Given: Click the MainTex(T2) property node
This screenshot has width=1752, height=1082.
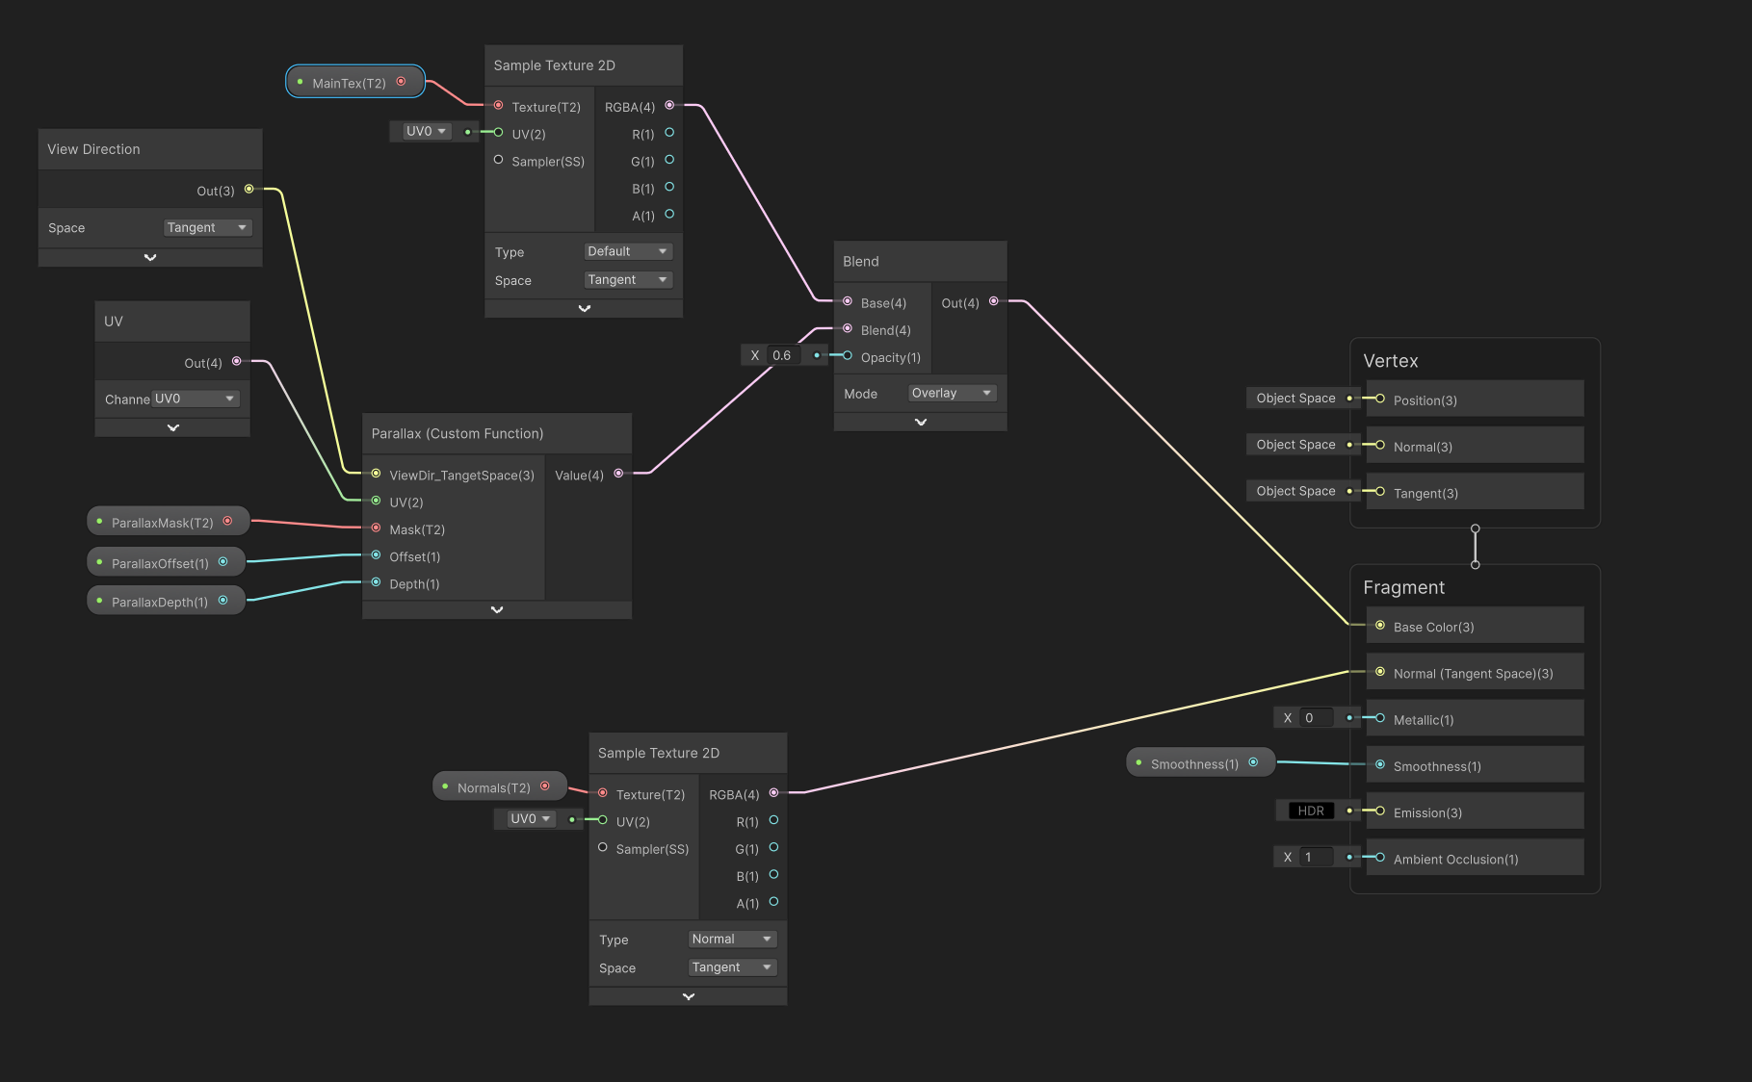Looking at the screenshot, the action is point(355,82).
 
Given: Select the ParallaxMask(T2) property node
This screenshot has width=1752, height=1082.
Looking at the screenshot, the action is point(169,522).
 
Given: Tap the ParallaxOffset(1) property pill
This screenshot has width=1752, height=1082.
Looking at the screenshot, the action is point(166,562).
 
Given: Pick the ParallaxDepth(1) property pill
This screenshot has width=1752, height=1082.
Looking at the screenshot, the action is point(166,602).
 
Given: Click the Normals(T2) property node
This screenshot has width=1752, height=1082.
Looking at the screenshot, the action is point(499,786).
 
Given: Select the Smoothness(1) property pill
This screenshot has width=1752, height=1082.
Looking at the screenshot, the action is point(1200,763).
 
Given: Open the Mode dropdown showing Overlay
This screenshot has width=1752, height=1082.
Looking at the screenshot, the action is point(952,393).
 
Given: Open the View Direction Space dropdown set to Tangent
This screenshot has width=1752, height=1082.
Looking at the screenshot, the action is point(207,227).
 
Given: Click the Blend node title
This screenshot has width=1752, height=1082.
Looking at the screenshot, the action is point(861,261).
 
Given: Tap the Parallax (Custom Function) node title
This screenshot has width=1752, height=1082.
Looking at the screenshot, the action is point(458,433).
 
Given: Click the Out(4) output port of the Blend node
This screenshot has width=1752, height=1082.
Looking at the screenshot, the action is point(993,301).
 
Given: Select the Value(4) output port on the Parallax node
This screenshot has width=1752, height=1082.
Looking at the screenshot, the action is point(618,473).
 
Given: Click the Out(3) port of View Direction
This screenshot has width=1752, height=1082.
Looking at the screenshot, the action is point(248,189).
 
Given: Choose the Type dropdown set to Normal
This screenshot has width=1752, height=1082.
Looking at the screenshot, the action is point(732,939).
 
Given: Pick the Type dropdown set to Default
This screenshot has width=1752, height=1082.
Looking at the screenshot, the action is point(628,251).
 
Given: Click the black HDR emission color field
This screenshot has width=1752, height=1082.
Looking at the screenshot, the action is point(1310,811).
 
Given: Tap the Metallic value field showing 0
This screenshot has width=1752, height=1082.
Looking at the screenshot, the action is point(1317,717).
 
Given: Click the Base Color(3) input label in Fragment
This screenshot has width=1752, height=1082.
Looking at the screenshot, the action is point(1433,627).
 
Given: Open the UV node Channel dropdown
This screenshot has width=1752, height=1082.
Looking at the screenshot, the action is point(196,399).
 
